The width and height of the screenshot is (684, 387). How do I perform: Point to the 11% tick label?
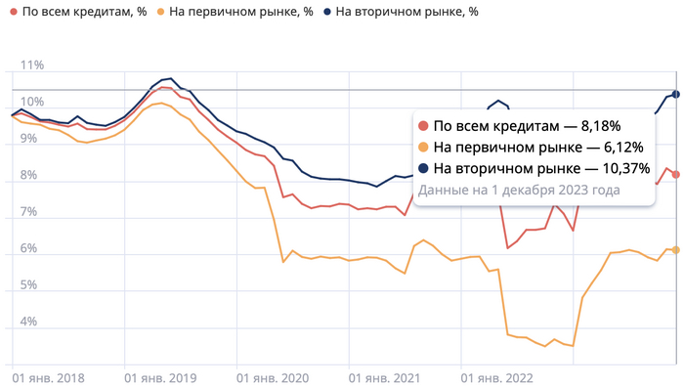(x=32, y=65)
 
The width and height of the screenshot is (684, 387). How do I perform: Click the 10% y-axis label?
(x=32, y=102)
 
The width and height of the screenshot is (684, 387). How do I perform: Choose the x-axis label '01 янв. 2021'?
(x=384, y=375)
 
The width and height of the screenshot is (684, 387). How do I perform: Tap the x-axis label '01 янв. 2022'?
(x=496, y=375)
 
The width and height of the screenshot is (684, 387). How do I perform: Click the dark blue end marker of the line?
(x=676, y=94)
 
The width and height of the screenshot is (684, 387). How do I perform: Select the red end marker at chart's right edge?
(x=676, y=175)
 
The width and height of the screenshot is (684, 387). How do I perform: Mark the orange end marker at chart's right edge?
(x=676, y=250)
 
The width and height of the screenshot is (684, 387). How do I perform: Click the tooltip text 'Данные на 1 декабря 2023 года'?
(x=518, y=190)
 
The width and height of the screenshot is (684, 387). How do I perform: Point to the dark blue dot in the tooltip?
(x=423, y=169)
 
